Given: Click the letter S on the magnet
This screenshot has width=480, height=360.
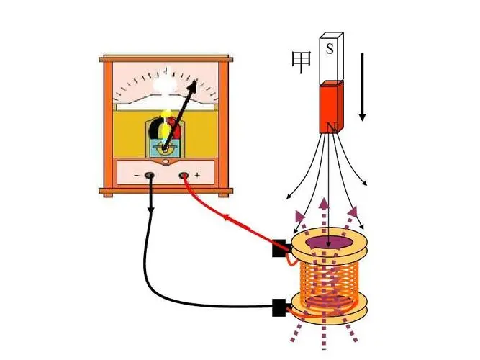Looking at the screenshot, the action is [x=330, y=48].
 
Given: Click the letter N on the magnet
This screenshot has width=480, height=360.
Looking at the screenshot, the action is [x=332, y=127].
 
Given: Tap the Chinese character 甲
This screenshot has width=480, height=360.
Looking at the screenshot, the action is [x=301, y=63].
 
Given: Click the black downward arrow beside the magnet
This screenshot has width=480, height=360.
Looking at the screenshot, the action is [x=363, y=87].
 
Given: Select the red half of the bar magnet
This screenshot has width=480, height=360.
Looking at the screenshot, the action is [x=332, y=107].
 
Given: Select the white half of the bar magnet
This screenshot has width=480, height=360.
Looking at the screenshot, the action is [x=331, y=58].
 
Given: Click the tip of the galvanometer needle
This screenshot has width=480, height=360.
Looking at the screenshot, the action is [x=196, y=81].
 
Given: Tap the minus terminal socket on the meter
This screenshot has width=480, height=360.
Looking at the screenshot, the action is [x=150, y=176].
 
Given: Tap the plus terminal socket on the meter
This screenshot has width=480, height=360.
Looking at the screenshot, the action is [x=184, y=176].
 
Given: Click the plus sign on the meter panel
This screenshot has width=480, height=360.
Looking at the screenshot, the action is [x=197, y=175].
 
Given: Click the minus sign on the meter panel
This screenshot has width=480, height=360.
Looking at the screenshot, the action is [x=137, y=176].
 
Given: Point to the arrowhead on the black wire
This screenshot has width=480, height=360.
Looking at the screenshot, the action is [x=151, y=210].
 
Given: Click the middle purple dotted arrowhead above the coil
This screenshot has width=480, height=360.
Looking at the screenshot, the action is [x=324, y=204].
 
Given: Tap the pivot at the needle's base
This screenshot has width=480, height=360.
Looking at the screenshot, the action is [x=165, y=150].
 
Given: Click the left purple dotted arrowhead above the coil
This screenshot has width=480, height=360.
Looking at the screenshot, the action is [x=299, y=216].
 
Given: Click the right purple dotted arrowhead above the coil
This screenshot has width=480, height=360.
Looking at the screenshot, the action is [x=353, y=212].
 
